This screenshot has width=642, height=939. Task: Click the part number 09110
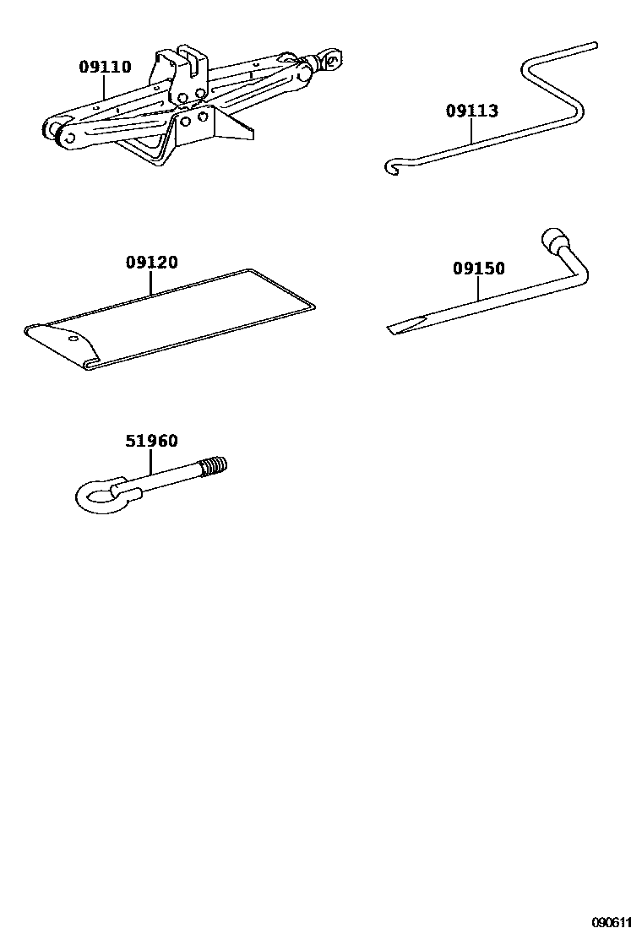[x=105, y=67]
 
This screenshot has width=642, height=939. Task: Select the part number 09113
[x=472, y=111]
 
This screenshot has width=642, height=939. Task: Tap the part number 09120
[x=151, y=263]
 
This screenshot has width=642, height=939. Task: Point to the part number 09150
[x=478, y=269]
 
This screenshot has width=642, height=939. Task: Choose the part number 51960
[x=151, y=442]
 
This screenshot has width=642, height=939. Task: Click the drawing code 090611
[x=612, y=922]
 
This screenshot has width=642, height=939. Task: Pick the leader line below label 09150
[x=478, y=288]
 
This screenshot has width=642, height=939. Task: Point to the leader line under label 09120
[x=151, y=282]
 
